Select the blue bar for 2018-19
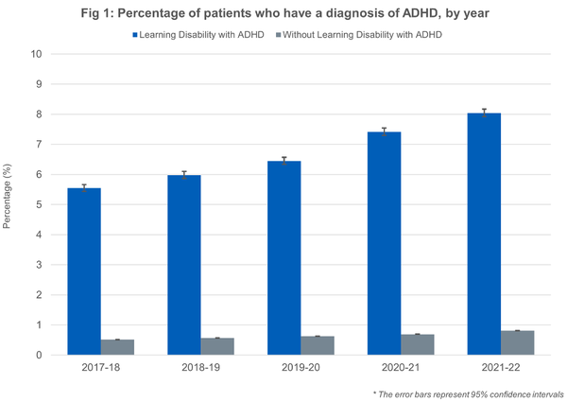pos(184,265)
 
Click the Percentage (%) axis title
pos(10,204)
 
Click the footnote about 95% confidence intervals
pos(469,392)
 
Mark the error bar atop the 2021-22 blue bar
pos(483,113)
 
